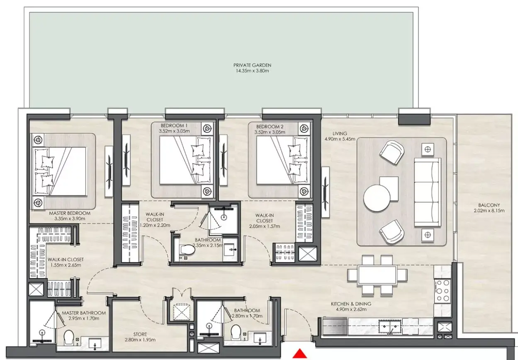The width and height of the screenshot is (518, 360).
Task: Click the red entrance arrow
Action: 300,354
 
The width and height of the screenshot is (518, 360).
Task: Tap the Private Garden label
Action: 252,65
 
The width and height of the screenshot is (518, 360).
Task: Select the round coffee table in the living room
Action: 377,198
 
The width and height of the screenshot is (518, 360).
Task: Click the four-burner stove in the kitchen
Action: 443,291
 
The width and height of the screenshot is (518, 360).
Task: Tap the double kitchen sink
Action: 390,326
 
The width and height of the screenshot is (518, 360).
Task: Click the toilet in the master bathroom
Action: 68,337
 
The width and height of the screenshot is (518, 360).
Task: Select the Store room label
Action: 140,334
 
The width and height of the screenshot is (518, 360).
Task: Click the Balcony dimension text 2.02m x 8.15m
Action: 489,211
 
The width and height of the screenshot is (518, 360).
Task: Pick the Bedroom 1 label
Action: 174,126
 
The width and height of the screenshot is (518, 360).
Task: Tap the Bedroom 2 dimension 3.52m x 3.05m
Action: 270,132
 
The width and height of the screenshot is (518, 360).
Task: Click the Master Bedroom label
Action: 70,213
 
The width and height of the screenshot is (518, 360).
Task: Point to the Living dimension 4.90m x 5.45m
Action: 340,139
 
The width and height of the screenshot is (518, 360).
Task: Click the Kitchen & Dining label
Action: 351,304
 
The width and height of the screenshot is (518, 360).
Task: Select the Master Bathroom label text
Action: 84,313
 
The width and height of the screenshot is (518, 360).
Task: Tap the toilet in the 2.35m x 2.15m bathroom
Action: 187,250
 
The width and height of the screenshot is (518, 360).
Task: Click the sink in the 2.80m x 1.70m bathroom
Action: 260,338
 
